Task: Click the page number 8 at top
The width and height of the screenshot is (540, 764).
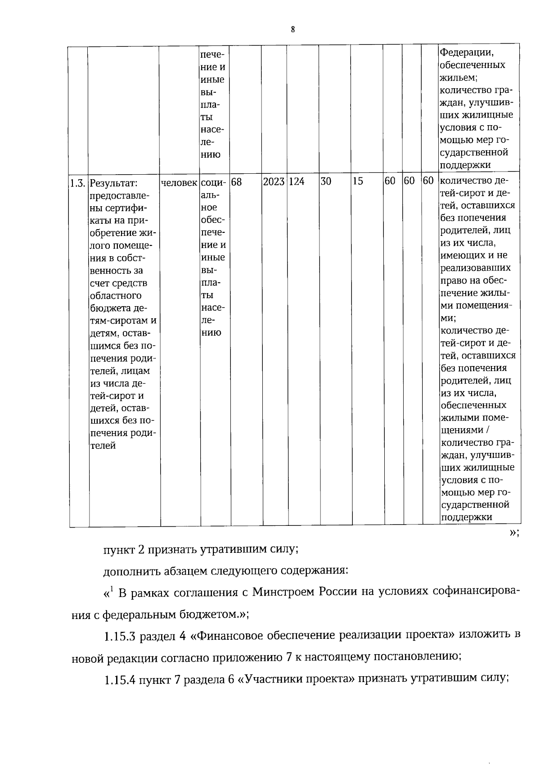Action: pyautogui.click(x=293, y=30)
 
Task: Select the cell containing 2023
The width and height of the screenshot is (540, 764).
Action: pyautogui.click(x=274, y=181)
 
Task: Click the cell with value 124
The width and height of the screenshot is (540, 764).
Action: pyautogui.click(x=297, y=181)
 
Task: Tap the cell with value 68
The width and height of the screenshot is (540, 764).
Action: pyautogui.click(x=237, y=182)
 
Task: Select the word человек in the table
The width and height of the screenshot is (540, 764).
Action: pyautogui.click(x=179, y=182)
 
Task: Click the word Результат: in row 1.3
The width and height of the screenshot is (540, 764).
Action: pyautogui.click(x=113, y=184)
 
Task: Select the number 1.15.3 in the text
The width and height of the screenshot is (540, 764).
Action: pyautogui.click(x=120, y=636)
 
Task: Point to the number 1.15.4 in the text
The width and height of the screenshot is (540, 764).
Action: pyautogui.click(x=120, y=679)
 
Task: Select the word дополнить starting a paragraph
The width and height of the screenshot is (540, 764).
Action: pyautogui.click(x=129, y=571)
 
